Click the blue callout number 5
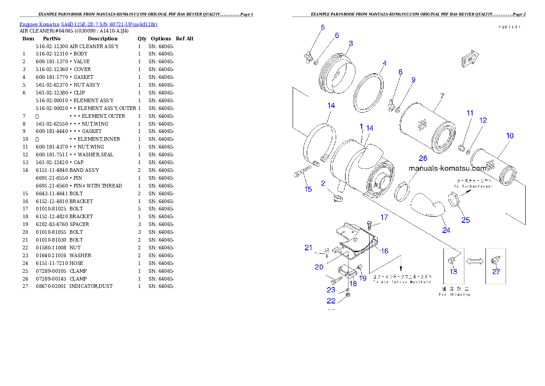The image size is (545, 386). (x=322, y=28)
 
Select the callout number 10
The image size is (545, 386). (x=510, y=136)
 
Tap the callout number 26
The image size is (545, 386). (x=423, y=158)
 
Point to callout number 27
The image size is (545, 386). (x=496, y=271)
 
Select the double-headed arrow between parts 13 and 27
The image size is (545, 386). (x=474, y=260)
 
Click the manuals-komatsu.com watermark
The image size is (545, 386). (x=447, y=168)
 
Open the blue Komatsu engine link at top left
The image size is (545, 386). (x=88, y=24)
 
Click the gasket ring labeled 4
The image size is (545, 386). (x=368, y=92)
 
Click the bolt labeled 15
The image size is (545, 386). (x=302, y=172)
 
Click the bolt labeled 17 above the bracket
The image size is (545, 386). (x=369, y=225)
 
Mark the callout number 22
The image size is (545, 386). (x=331, y=301)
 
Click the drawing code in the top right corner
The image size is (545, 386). (x=509, y=27)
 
